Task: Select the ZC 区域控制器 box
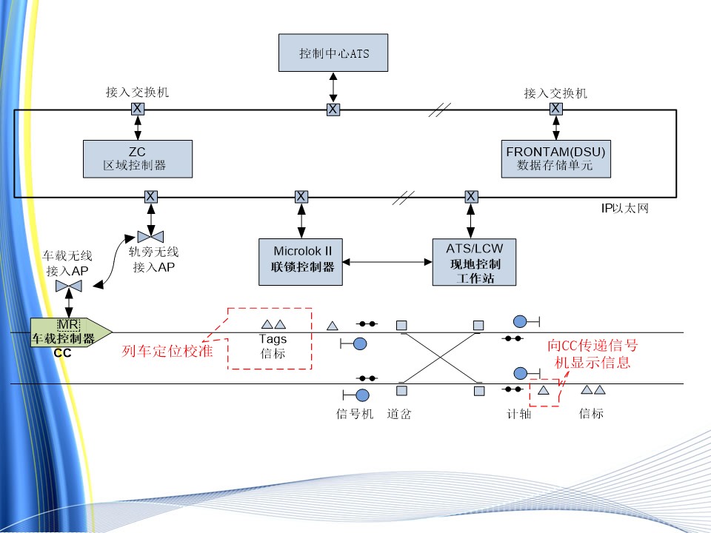[x=138, y=158]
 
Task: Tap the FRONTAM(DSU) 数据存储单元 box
[x=556, y=158]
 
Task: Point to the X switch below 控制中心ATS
[x=333, y=110]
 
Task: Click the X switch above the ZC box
[x=138, y=109]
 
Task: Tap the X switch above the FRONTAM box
[x=555, y=109]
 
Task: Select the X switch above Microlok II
[x=301, y=196]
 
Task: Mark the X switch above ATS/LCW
[x=471, y=196]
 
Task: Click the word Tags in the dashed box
[x=273, y=339]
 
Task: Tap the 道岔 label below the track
[x=398, y=414]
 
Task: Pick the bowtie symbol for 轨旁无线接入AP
[x=152, y=236]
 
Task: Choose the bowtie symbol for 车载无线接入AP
[x=70, y=286]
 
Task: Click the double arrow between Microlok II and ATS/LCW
[x=387, y=261]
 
